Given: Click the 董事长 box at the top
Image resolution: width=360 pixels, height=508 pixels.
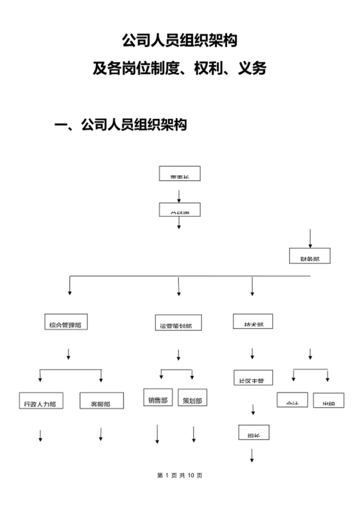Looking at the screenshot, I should coord(179,173).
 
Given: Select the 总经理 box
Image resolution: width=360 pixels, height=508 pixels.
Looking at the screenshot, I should coord(179,209).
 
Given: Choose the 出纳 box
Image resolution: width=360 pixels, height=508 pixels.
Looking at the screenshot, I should coord(328,400).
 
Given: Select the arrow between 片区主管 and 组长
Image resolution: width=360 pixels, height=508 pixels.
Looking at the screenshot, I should coord(253,410).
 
